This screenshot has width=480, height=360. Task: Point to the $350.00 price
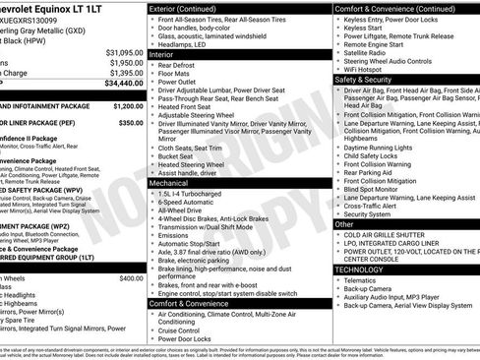click(131, 123)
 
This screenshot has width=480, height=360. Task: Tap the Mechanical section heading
click(173, 183)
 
